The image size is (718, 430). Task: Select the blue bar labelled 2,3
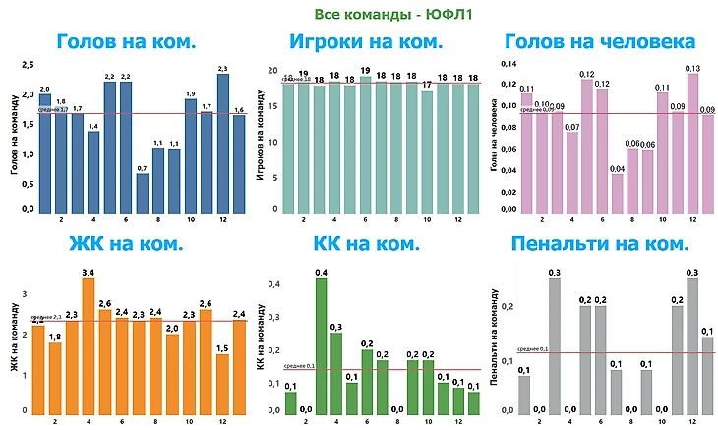222,143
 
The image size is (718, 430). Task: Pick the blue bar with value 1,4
93,172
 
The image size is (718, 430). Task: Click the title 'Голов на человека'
599,41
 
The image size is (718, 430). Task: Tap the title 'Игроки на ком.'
358,41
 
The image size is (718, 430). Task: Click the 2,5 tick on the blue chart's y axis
28,65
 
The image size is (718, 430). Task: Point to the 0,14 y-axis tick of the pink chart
508,64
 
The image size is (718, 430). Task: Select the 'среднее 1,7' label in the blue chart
52,110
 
